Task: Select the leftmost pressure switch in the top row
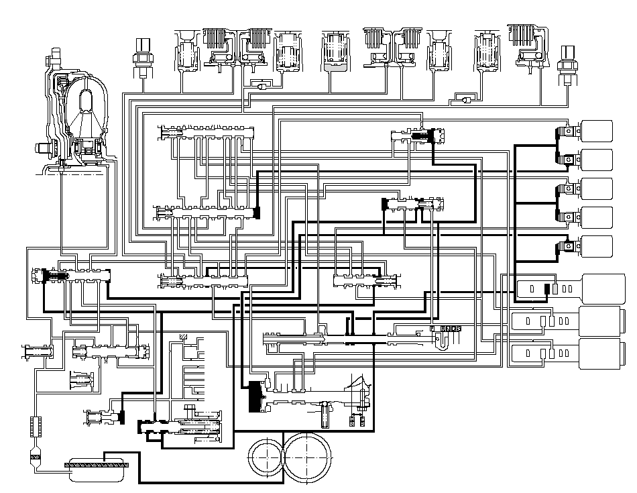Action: point(141,57)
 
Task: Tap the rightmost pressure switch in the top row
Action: point(568,62)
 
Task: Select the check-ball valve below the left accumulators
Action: point(259,85)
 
